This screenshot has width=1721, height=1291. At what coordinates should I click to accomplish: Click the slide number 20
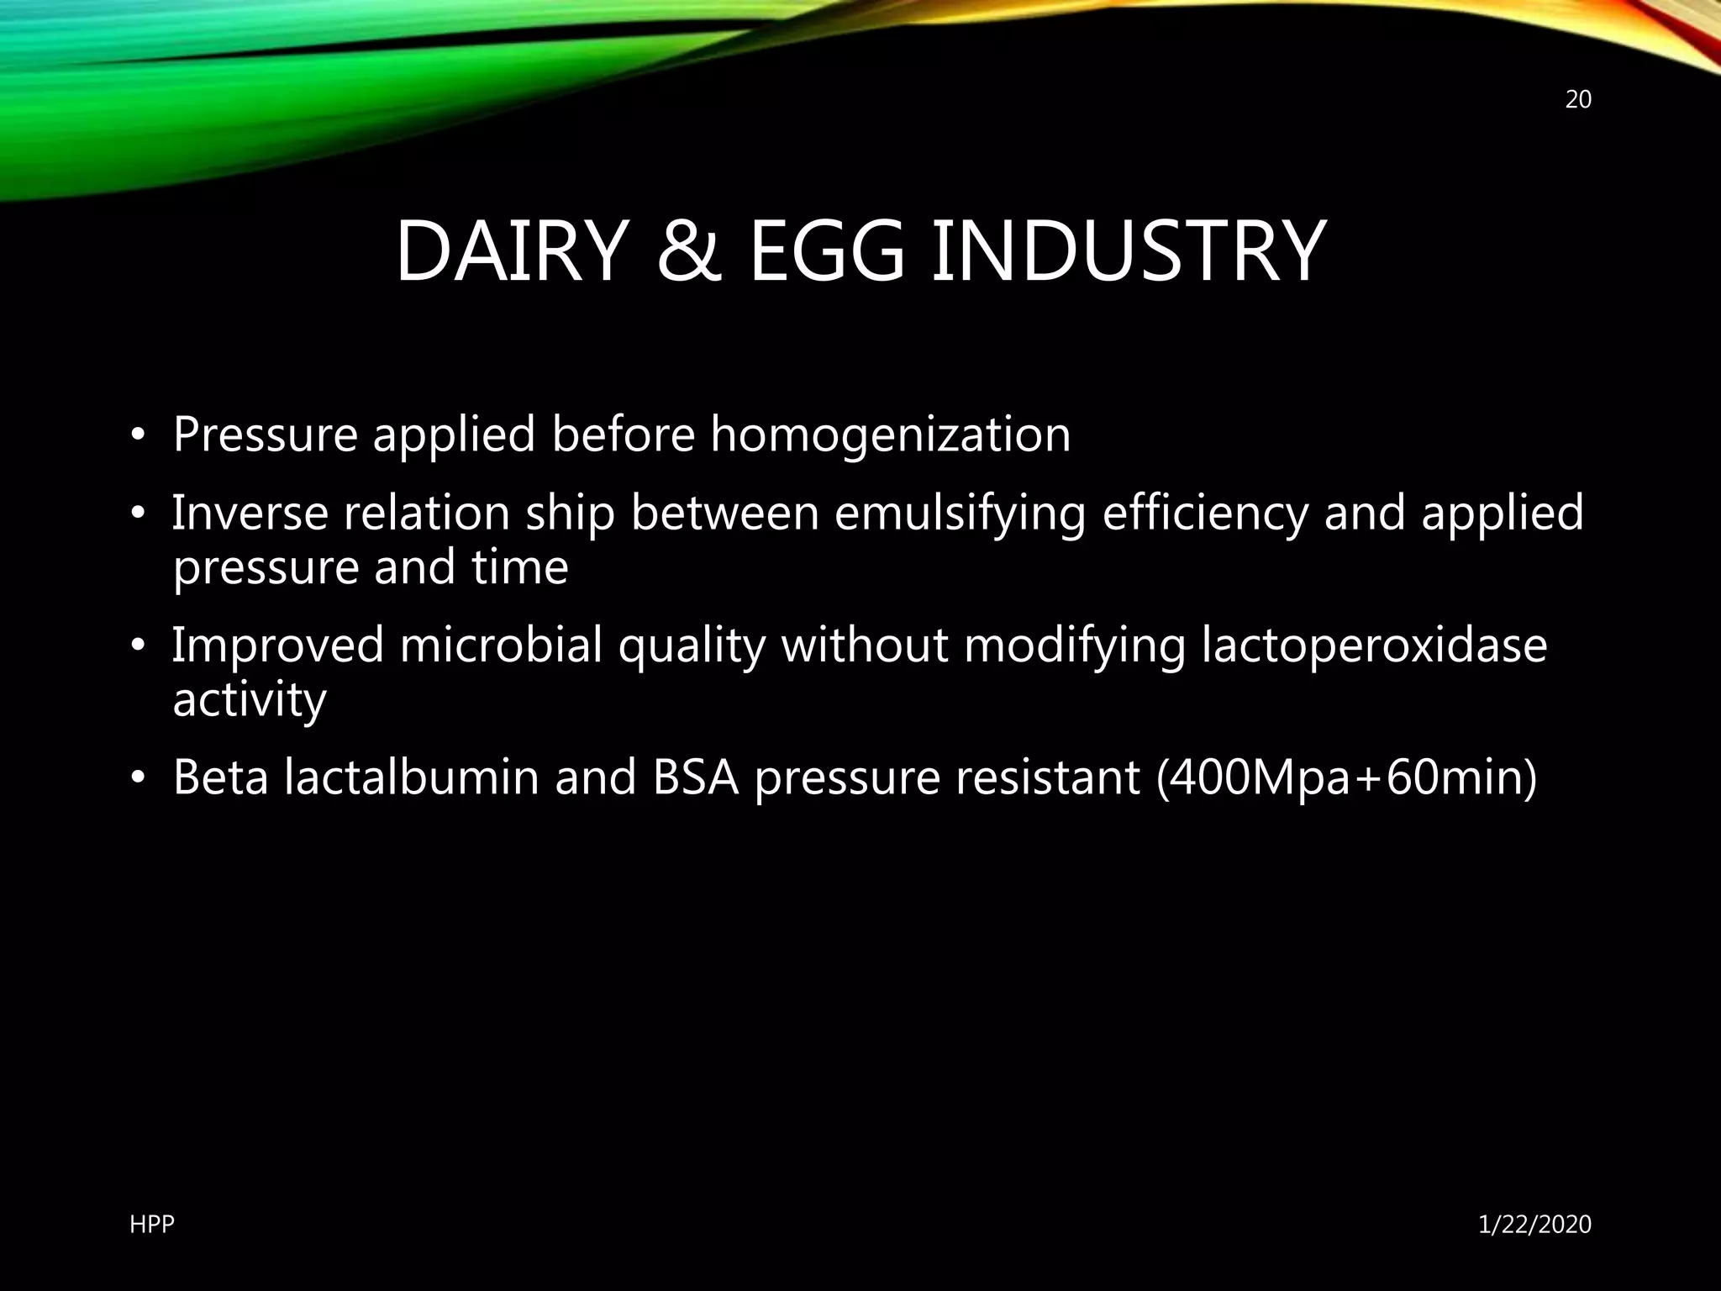click(1578, 100)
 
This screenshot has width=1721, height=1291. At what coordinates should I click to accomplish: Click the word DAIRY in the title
click(512, 251)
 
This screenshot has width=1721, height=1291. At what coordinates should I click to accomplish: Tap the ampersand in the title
click(688, 251)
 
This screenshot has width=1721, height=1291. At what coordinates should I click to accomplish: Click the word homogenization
click(890, 435)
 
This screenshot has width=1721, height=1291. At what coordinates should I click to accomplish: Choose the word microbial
click(501, 645)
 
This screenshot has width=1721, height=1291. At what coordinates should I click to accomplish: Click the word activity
click(249, 700)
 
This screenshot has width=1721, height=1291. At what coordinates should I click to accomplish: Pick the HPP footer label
click(152, 1225)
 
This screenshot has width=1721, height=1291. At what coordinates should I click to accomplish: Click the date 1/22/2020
click(1534, 1225)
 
